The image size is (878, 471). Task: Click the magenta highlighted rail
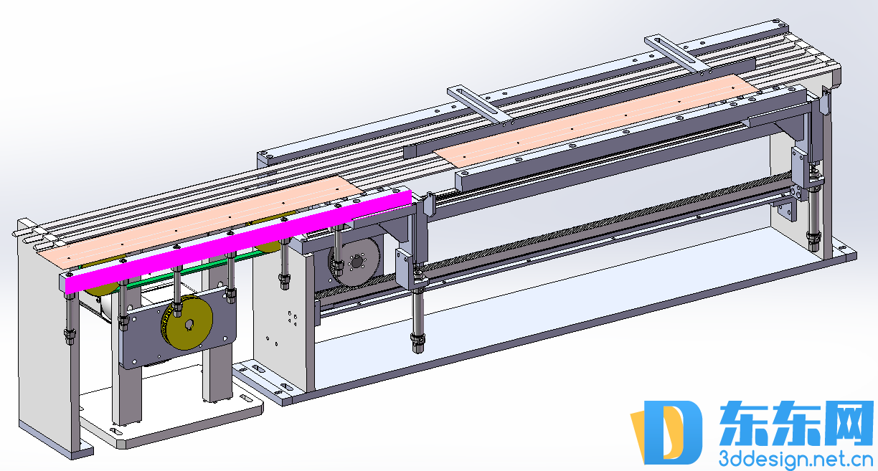point(238,242)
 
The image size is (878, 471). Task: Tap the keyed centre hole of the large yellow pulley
point(190,325)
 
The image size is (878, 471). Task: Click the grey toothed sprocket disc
point(355,262)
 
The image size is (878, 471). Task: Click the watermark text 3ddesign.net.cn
point(796,460)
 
